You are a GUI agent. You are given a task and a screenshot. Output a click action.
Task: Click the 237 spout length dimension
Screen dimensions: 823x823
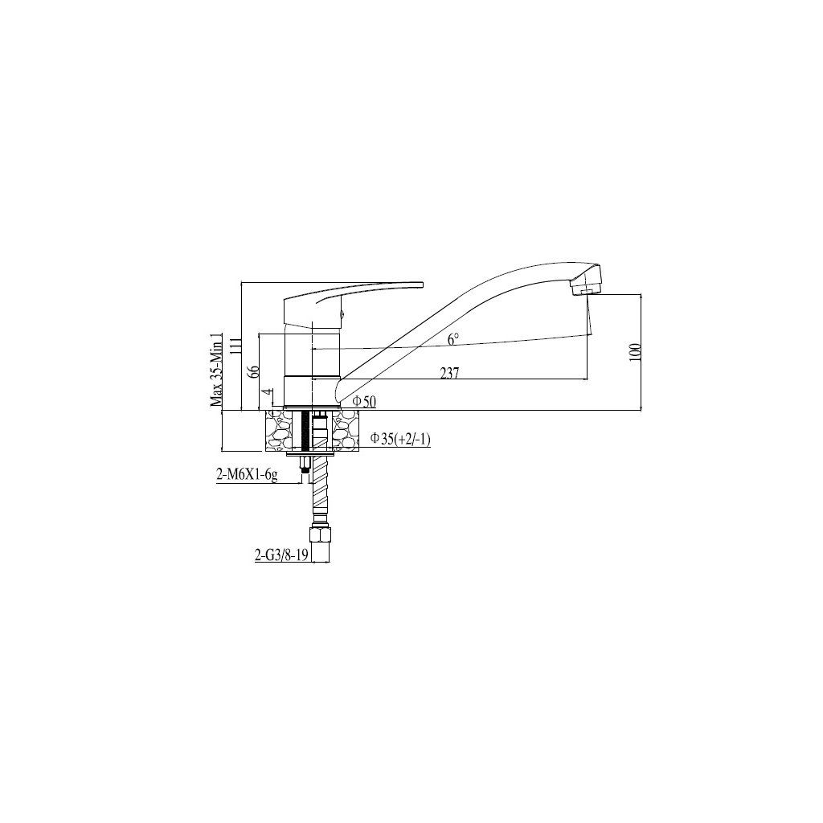point(450,373)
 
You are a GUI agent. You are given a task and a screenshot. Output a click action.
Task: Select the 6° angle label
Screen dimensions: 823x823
point(453,340)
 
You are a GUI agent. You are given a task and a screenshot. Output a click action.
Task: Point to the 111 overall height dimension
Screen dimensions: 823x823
point(235,346)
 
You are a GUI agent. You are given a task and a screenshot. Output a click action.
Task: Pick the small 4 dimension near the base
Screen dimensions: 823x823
point(268,392)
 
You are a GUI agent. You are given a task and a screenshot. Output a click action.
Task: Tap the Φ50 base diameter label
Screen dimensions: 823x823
point(364,402)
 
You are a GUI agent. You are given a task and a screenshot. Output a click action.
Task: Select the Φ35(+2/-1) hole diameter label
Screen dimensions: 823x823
point(400,439)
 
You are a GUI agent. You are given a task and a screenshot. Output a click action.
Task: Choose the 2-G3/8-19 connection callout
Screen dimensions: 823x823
point(281,555)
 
